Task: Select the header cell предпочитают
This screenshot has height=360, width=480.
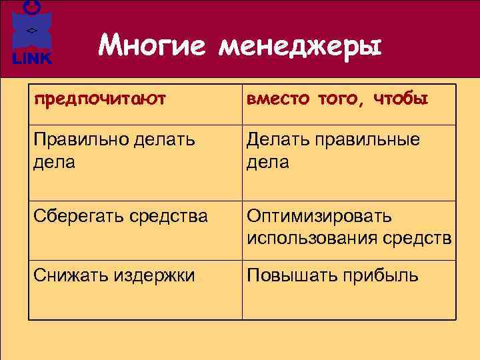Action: (x=100, y=100)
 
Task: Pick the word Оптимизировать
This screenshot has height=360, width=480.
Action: (x=319, y=217)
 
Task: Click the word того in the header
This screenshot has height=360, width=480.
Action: (x=339, y=100)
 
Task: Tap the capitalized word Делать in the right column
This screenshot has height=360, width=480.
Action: (x=275, y=141)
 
